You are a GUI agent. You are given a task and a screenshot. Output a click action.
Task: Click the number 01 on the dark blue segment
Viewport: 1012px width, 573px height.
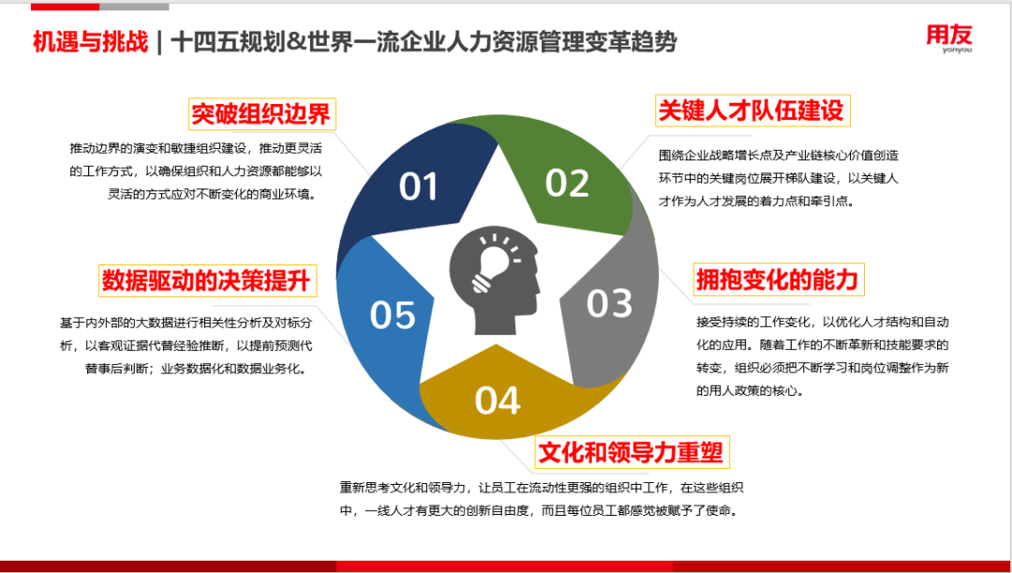click(419, 186)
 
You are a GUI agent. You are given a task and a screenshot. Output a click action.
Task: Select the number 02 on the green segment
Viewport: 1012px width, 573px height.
click(567, 183)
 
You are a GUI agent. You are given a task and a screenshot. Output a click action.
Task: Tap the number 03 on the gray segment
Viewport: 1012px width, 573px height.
click(609, 303)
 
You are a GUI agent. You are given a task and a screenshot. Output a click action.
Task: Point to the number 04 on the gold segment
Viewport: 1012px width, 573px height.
click(498, 400)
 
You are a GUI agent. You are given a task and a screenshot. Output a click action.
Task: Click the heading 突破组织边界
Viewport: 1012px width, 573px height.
click(260, 115)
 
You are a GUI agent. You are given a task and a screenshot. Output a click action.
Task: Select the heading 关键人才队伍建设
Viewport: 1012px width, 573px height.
click(752, 111)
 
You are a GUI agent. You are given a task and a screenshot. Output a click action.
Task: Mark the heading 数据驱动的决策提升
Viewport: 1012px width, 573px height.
click(207, 281)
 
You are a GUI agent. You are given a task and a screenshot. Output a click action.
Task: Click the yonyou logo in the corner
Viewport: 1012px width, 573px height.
click(949, 38)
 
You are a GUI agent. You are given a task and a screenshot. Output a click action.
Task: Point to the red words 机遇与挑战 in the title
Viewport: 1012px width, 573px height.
click(91, 42)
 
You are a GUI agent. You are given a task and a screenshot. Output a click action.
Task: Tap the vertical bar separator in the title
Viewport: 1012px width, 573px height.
click(159, 42)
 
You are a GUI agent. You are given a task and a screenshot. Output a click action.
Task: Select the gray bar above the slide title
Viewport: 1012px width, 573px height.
click(134, 8)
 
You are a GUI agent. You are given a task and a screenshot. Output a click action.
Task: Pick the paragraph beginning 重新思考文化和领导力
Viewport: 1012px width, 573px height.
click(539, 498)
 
